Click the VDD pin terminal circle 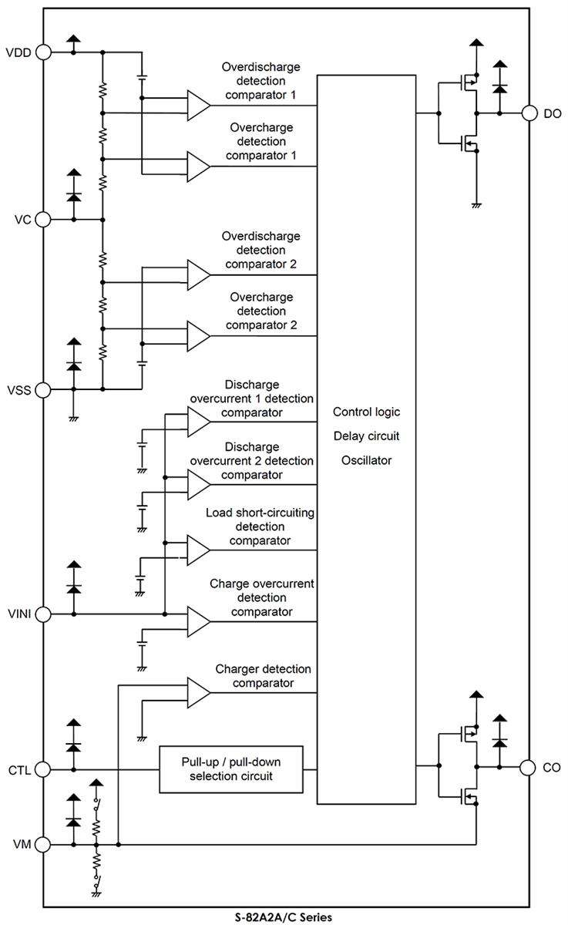(43, 52)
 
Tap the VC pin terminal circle (43, 220)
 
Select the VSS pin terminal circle (43, 389)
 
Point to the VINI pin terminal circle (43, 614)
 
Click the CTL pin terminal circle (43, 769)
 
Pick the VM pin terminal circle (43, 845)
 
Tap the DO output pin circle (529, 113)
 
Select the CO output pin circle (529, 767)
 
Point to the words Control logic (367, 412)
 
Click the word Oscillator (367, 461)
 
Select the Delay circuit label (367, 436)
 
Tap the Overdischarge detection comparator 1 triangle (197, 104)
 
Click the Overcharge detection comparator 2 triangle (197, 335)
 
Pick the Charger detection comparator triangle (197, 691)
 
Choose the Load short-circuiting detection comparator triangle (197, 549)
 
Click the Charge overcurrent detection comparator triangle (197, 620)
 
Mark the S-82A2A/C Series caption (284, 917)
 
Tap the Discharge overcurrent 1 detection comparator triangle (197, 421)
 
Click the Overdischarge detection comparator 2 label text (260, 250)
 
